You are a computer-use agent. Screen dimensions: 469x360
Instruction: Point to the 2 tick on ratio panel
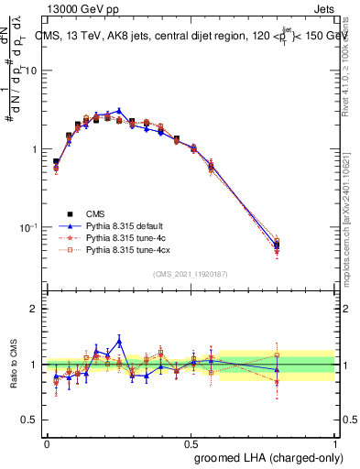point(35,310)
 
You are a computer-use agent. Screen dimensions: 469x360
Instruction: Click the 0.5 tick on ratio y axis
point(30,420)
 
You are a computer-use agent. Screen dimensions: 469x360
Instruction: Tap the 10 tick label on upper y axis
point(30,71)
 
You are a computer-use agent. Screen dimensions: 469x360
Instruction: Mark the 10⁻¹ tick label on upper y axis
point(28,227)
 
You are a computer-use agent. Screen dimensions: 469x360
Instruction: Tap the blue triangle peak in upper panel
point(119,110)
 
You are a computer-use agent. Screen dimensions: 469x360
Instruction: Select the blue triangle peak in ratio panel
point(119,341)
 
